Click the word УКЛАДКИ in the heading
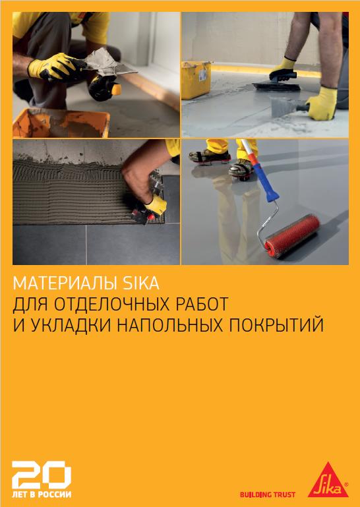click(71, 325)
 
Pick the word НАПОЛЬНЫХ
click(170, 325)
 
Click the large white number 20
click(42, 475)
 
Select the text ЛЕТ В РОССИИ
click(42, 494)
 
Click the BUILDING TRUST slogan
click(268, 494)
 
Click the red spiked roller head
click(292, 232)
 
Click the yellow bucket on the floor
click(196, 80)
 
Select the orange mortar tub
click(61, 123)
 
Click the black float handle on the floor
click(281, 75)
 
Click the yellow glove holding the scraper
click(322, 103)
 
